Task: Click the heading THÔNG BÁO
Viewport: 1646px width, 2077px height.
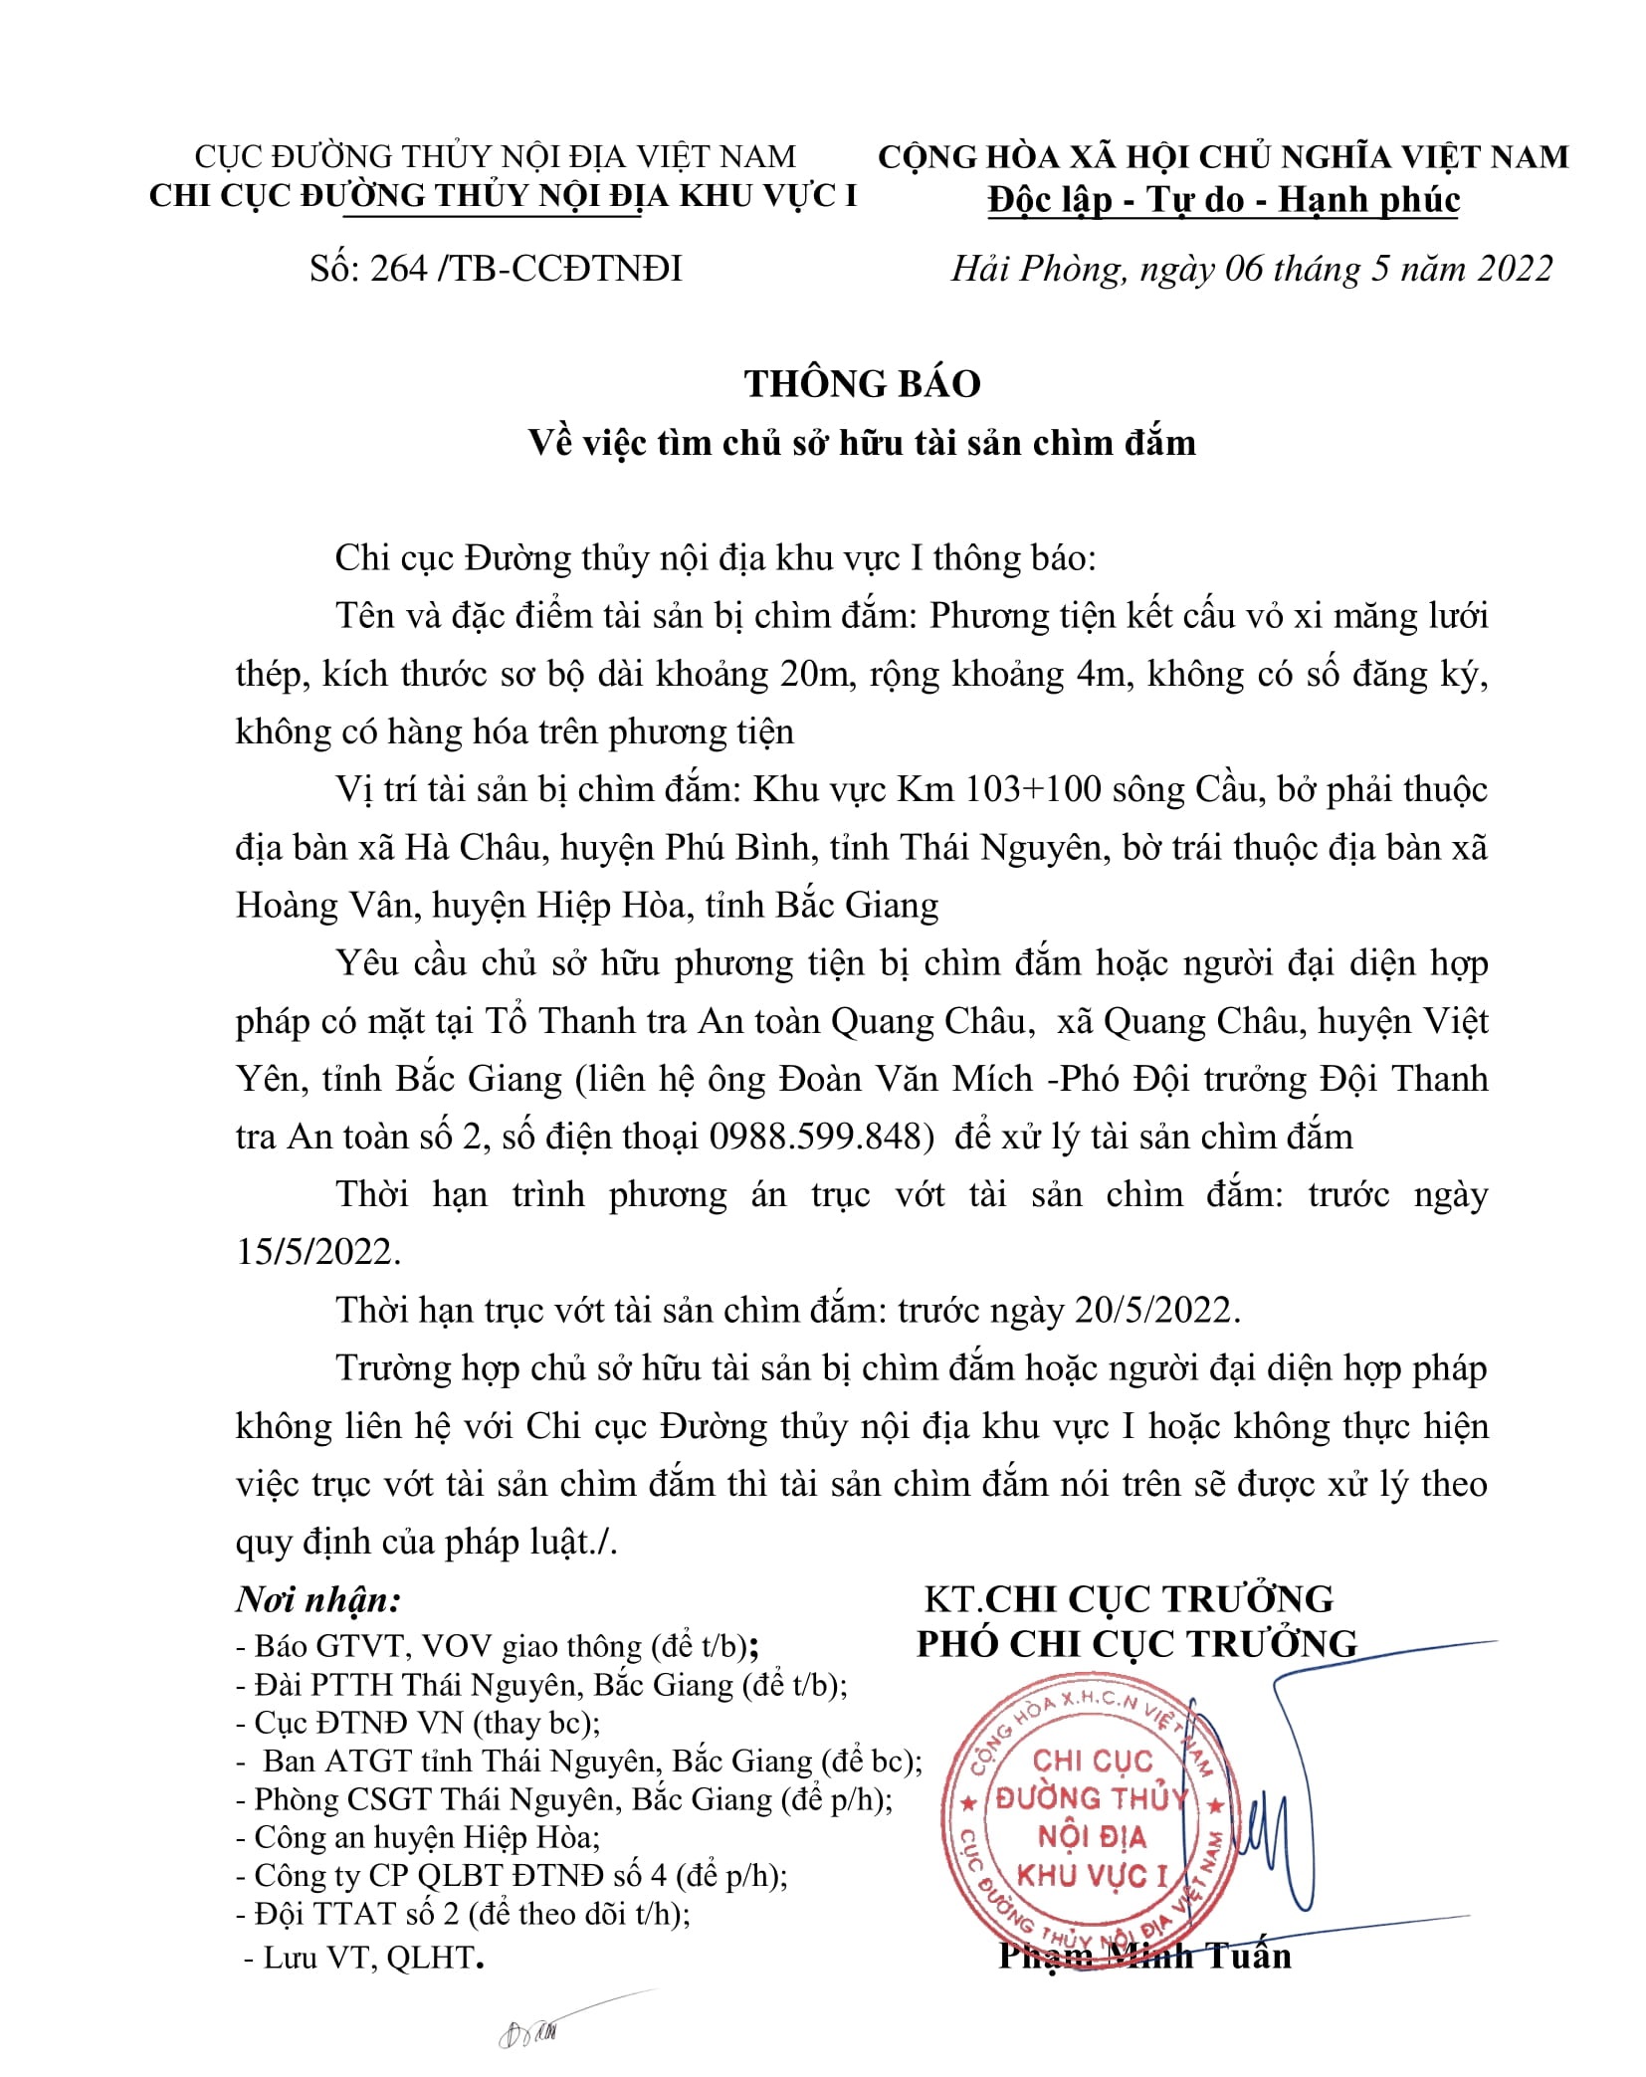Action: [x=862, y=383]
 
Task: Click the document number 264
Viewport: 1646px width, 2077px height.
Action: [x=398, y=269]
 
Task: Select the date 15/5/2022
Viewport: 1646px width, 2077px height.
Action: [x=316, y=1252]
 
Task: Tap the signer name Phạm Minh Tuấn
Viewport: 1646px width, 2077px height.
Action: [x=1144, y=1956]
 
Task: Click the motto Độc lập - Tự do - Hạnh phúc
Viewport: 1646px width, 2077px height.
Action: [x=1223, y=200]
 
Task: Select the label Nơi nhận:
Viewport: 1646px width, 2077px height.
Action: [x=318, y=1600]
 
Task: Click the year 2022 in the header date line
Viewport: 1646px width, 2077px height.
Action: [x=1514, y=269]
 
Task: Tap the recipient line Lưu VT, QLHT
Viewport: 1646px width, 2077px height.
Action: [x=368, y=1958]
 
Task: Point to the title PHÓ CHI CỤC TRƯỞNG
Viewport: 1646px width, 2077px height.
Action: [x=1136, y=1644]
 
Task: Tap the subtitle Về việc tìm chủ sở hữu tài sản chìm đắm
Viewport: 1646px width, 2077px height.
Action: [x=862, y=442]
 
